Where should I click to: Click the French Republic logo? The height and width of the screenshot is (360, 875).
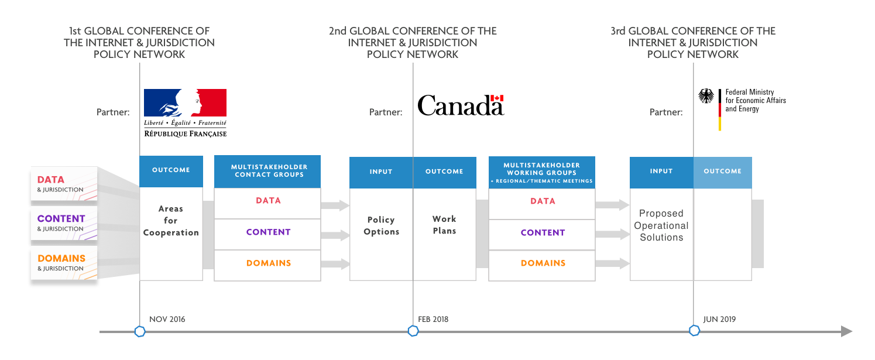click(x=185, y=114)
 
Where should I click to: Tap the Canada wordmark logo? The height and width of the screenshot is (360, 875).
click(x=461, y=105)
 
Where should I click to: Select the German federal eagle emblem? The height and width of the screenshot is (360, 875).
click(x=706, y=96)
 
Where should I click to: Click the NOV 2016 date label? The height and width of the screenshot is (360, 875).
click(x=167, y=319)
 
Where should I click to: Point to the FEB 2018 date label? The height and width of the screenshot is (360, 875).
click(x=433, y=319)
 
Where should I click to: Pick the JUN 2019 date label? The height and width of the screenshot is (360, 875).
click(x=719, y=319)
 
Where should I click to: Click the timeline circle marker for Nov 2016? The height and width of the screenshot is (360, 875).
click(x=140, y=331)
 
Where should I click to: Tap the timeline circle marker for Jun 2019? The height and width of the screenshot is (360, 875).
click(x=694, y=331)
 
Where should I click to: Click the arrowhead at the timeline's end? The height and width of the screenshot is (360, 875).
click(x=846, y=331)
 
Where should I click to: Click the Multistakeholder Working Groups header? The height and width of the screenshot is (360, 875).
click(x=542, y=172)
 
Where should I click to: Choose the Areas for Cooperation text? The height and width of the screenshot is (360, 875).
click(x=171, y=221)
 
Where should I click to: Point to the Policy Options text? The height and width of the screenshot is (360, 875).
click(x=381, y=225)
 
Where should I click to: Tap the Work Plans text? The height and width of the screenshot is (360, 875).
click(x=445, y=225)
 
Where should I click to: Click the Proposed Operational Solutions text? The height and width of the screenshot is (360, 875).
click(x=661, y=225)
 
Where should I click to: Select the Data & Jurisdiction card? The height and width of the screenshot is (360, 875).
click(x=64, y=184)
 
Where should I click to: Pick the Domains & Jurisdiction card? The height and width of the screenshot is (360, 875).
click(x=64, y=263)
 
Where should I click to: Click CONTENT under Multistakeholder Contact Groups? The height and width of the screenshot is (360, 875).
click(x=269, y=232)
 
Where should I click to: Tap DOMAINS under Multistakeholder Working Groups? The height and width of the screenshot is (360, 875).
click(x=543, y=263)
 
